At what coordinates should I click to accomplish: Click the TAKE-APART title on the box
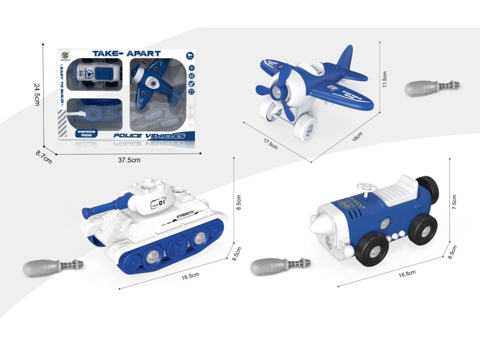click(x=127, y=53)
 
